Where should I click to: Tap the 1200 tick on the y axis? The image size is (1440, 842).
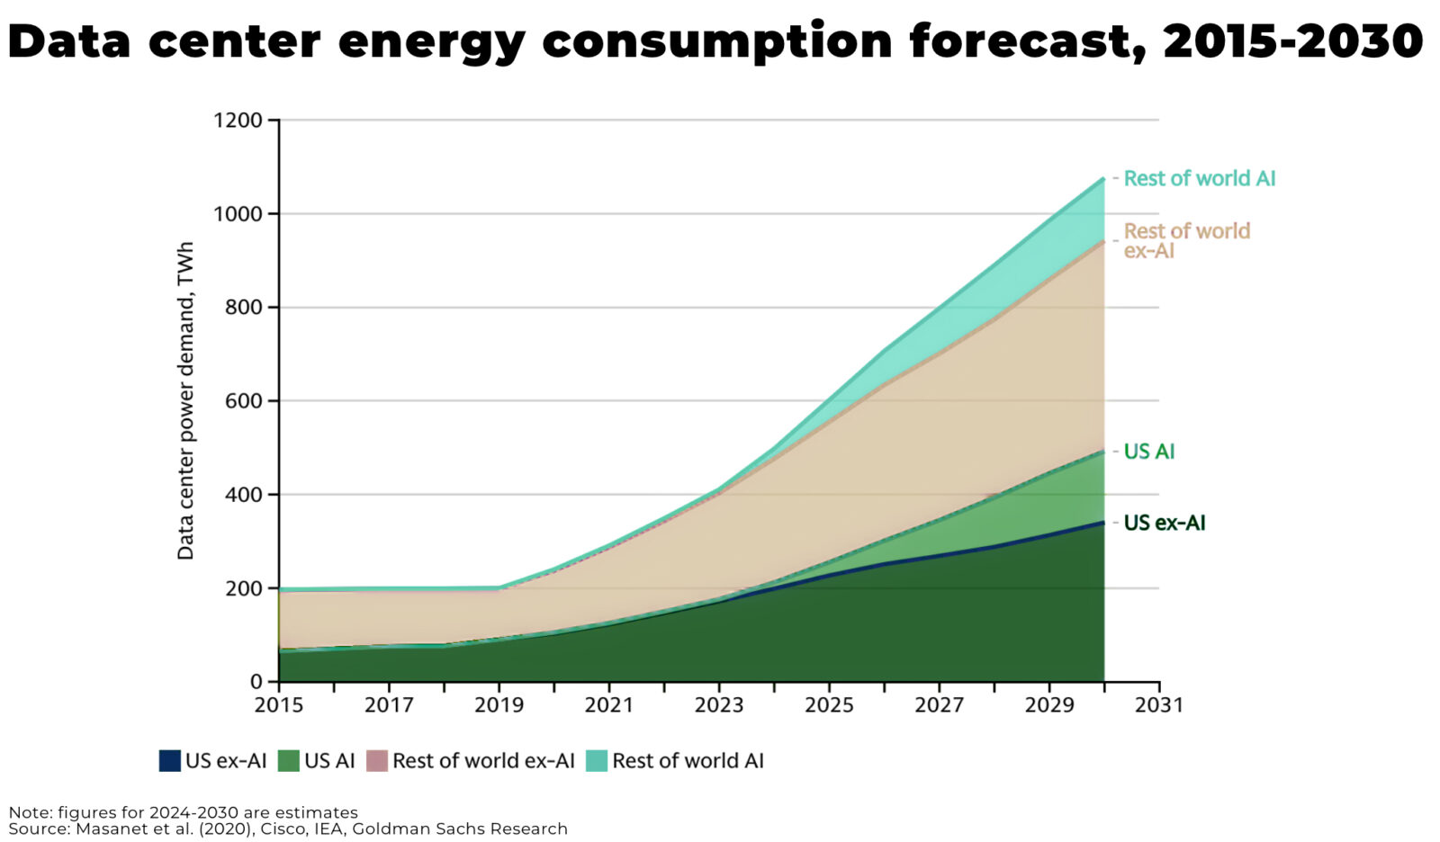pyautogui.click(x=238, y=120)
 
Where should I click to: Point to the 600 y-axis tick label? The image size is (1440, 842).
pyautogui.click(x=243, y=401)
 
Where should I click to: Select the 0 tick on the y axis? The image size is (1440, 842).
pyautogui.click(x=256, y=682)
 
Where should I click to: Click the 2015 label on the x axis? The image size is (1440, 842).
pyautogui.click(x=279, y=705)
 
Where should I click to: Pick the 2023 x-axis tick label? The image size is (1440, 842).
pyautogui.click(x=719, y=705)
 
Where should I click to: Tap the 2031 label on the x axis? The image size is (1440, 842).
pyautogui.click(x=1158, y=705)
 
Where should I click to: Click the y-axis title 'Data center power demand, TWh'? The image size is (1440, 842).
pyautogui.click(x=185, y=401)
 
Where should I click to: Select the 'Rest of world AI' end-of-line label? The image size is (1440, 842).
pyautogui.click(x=1199, y=178)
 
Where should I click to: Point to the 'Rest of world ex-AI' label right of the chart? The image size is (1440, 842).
pyautogui.click(x=1186, y=240)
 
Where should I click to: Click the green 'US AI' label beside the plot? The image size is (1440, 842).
pyautogui.click(x=1148, y=452)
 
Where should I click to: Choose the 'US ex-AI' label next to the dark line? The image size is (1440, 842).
pyautogui.click(x=1164, y=523)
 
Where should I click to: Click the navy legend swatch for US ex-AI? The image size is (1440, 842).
pyautogui.click(x=170, y=761)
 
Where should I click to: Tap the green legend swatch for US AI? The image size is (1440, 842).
pyautogui.click(x=288, y=761)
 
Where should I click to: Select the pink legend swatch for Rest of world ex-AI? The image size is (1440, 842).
pyautogui.click(x=377, y=761)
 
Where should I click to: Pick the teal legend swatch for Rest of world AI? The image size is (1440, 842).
pyautogui.click(x=597, y=761)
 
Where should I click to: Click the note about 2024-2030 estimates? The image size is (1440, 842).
pyautogui.click(x=183, y=812)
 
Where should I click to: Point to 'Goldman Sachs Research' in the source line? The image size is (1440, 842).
pyautogui.click(x=459, y=829)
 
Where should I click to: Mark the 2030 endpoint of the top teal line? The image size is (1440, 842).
pyautogui.click(x=1103, y=179)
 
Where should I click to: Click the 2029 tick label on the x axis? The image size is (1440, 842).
pyautogui.click(x=1048, y=705)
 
